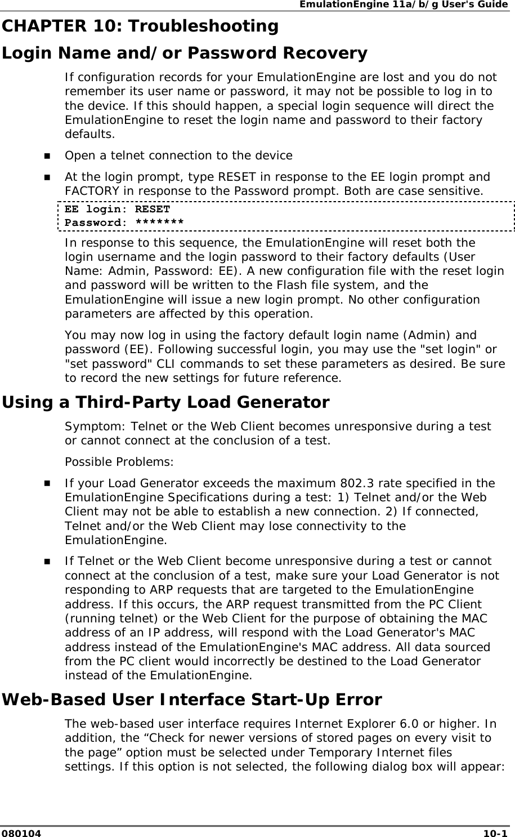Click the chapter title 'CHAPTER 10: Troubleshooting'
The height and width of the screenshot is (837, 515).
tap(140, 26)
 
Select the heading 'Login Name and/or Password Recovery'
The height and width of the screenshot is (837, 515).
tap(185, 54)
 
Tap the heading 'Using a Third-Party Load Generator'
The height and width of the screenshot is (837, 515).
tap(165, 403)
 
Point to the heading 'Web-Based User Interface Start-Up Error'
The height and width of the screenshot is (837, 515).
tap(192, 700)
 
